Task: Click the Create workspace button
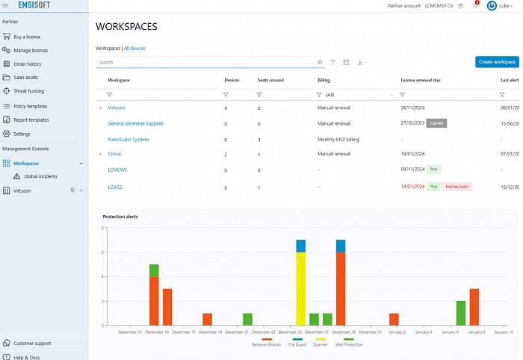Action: click(x=497, y=62)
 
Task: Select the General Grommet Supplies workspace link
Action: click(x=135, y=123)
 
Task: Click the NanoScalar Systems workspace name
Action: click(x=129, y=139)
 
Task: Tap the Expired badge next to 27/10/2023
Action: click(x=436, y=123)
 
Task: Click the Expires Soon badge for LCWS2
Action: click(x=457, y=187)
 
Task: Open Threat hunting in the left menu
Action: click(x=29, y=91)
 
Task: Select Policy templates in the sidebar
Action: click(x=31, y=106)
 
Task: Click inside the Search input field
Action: click(x=202, y=62)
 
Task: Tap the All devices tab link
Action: click(x=135, y=48)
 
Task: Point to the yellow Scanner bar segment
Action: click(x=300, y=288)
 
